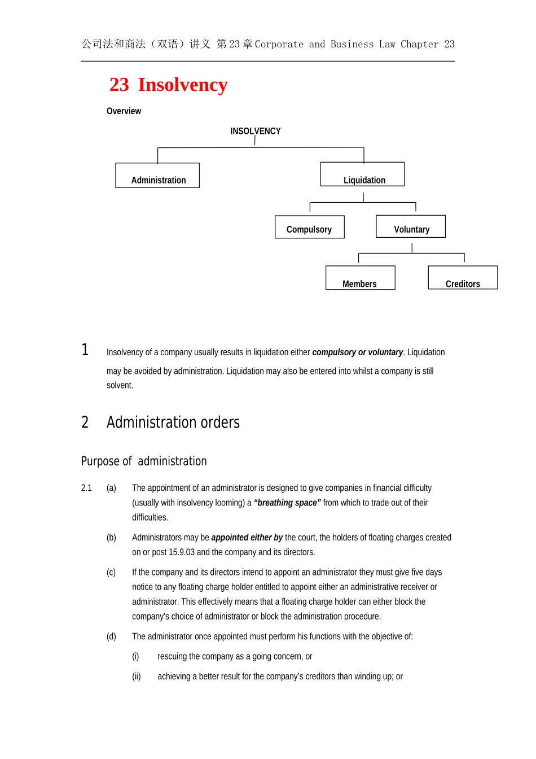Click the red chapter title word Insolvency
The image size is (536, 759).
point(183,85)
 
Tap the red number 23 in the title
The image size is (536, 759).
point(119,85)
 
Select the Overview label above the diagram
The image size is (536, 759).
point(124,111)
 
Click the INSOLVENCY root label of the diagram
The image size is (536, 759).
point(255,131)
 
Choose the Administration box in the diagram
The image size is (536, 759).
point(157,176)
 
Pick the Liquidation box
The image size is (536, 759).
point(362,175)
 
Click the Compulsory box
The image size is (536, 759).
point(309,227)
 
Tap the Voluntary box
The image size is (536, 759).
point(411,226)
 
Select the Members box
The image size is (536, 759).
point(360,278)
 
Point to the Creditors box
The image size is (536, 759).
point(463,278)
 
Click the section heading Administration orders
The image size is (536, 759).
point(173,422)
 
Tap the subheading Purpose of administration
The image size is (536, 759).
point(144,461)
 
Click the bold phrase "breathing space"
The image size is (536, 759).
point(287,503)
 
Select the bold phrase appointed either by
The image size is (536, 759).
point(247,538)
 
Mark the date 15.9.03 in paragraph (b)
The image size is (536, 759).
point(181,552)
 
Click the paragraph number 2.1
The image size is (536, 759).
point(86,488)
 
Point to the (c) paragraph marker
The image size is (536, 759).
point(111,572)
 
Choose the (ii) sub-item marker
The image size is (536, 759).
point(136,677)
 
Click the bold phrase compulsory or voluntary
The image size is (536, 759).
point(357,352)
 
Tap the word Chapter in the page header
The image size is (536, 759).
point(419,44)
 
